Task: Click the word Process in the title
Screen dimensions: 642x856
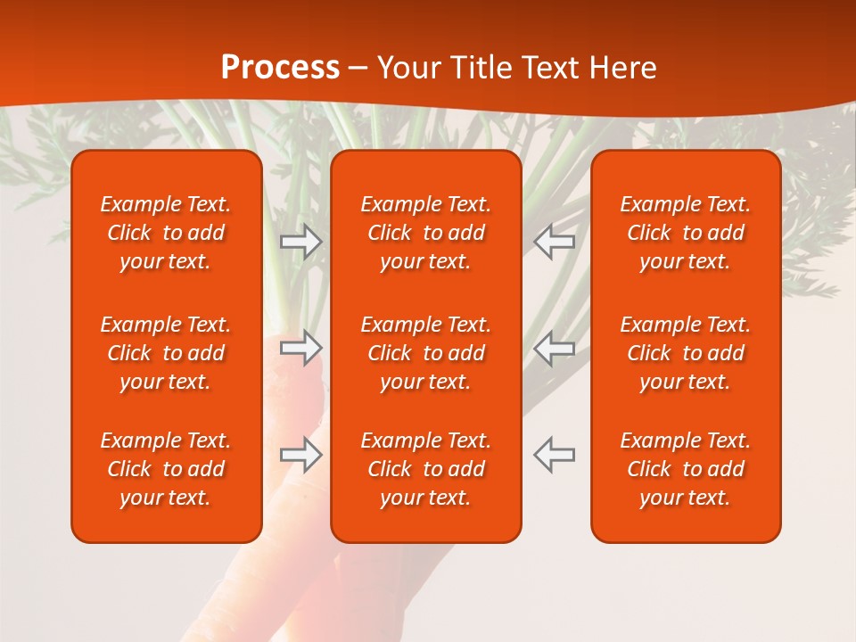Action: [x=280, y=68]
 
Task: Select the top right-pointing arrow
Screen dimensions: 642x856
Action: [x=301, y=242]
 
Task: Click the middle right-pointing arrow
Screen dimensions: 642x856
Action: [x=301, y=348]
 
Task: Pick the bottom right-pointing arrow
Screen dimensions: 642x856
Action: [x=301, y=455]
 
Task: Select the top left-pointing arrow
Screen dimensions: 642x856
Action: [x=554, y=242]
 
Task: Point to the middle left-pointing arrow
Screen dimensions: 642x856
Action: [x=554, y=348]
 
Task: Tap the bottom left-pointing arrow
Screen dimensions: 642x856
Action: [x=554, y=455]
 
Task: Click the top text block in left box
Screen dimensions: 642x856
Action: [x=166, y=233]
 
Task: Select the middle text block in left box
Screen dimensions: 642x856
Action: [x=166, y=353]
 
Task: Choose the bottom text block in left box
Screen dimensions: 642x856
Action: [x=166, y=469]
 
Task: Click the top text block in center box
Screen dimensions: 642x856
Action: [x=426, y=233]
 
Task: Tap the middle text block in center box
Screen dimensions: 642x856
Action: [x=426, y=353]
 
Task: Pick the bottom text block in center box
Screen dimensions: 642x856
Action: [x=426, y=469]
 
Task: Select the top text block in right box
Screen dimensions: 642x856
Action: [x=686, y=233]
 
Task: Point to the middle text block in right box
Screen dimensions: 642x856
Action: [x=686, y=353]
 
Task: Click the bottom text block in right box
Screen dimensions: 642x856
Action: [x=686, y=469]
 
